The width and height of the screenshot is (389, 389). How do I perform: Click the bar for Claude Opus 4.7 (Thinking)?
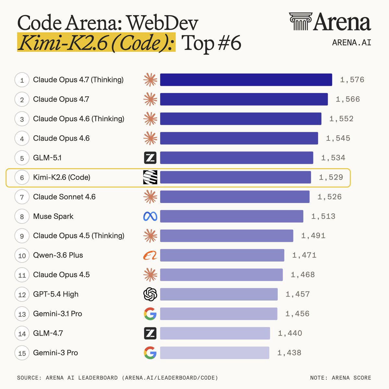coord(246,80)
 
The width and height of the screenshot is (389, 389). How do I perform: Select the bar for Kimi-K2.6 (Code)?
coord(235,177)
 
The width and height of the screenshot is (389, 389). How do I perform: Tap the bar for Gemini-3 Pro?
coord(214,353)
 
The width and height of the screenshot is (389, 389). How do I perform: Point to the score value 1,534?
coord(333,158)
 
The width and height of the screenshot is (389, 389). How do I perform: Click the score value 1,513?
coord(323,216)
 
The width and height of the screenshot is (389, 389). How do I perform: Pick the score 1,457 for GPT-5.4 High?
coord(298,294)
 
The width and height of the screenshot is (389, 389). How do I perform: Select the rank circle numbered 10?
coord(22,255)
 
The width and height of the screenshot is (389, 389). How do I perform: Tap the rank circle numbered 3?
coord(22,119)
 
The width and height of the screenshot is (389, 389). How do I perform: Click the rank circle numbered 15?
coord(22,353)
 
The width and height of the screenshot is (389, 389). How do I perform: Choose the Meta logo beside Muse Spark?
coord(150,216)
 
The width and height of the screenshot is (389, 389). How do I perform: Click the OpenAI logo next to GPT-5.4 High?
coord(150,294)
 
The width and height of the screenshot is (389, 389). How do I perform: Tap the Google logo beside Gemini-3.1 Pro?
coord(150,314)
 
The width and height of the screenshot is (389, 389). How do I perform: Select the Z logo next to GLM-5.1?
coord(150,158)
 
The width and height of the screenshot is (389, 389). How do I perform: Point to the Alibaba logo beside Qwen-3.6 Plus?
coord(150,255)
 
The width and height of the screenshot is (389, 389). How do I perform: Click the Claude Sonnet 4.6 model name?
coord(64,197)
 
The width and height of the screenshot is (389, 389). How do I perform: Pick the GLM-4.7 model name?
coord(48,333)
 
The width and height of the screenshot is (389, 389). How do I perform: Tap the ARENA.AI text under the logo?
coord(351,42)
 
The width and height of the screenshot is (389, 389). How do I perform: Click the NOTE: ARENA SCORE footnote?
coord(340,378)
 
